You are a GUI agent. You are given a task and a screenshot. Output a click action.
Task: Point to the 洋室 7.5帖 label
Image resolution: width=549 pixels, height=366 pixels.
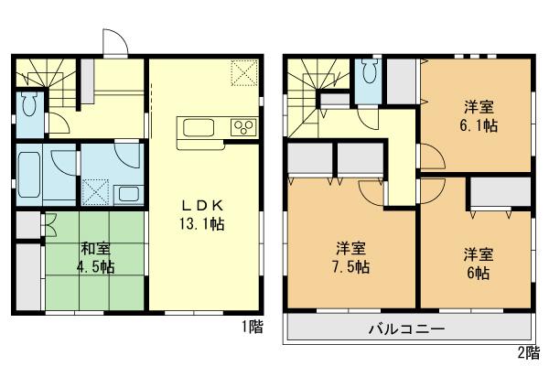351,257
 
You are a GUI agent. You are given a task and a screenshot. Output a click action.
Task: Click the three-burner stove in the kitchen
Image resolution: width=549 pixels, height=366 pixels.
244,127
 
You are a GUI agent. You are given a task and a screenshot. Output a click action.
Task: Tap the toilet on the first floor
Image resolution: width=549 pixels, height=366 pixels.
27,104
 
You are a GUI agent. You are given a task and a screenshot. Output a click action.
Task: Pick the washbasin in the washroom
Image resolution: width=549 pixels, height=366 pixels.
126,193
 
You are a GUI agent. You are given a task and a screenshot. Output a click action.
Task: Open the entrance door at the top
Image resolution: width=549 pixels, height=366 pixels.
113,44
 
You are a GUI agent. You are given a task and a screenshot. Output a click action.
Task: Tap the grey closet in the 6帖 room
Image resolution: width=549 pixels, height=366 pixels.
500,193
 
